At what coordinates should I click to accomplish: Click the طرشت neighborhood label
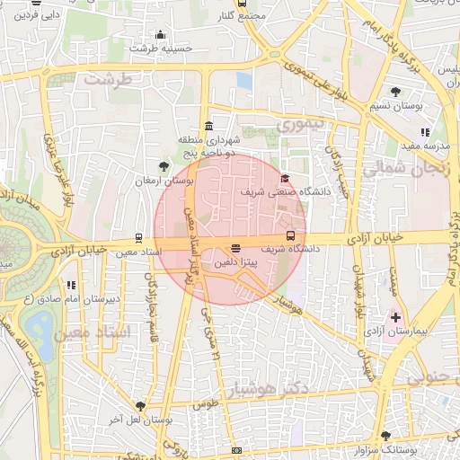(108, 79)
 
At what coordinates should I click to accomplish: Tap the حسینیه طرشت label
(162, 48)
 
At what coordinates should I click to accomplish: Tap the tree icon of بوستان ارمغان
(163, 166)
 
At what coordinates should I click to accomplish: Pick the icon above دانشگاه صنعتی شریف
(285, 178)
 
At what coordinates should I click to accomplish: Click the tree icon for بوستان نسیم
(396, 92)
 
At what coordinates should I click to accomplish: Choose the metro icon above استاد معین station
(137, 238)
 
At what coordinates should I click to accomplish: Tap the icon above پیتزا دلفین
(235, 247)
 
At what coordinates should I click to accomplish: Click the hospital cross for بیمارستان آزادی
(395, 318)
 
